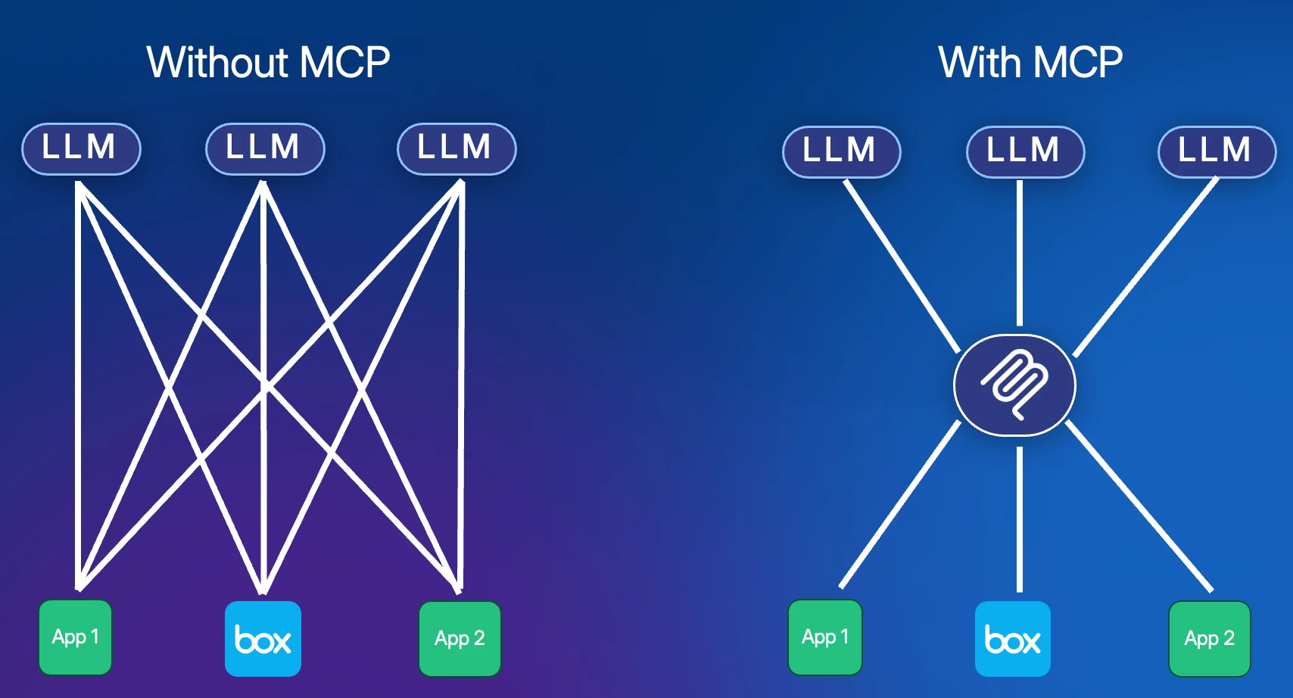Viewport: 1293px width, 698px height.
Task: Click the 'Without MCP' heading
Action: pyautogui.click(x=268, y=62)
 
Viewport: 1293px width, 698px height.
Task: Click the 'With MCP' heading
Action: pyautogui.click(x=1030, y=62)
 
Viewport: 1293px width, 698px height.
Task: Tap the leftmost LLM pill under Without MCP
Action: pyautogui.click(x=81, y=148)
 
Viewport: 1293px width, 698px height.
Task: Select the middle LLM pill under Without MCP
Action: pyautogui.click(x=265, y=148)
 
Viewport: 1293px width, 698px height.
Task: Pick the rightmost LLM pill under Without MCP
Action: pyautogui.click(x=456, y=148)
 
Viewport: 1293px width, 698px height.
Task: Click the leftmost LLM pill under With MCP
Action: pyautogui.click(x=841, y=151)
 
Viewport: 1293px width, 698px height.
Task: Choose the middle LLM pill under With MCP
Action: pyautogui.click(x=1025, y=151)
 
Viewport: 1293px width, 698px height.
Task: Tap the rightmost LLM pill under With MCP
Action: pyautogui.click(x=1217, y=151)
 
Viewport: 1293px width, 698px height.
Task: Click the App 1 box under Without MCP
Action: pyautogui.click(x=75, y=637)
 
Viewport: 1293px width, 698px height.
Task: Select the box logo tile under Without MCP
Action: pyautogui.click(x=263, y=638)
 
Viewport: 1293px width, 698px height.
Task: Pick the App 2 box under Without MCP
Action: pyautogui.click(x=460, y=638)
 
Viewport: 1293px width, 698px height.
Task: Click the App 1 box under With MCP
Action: pyautogui.click(x=824, y=637)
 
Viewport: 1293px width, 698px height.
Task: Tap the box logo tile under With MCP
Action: pyautogui.click(x=1012, y=638)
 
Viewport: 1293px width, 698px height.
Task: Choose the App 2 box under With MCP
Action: pyautogui.click(x=1209, y=638)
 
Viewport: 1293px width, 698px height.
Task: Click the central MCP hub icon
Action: pyautogui.click(x=1014, y=385)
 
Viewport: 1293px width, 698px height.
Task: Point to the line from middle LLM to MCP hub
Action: pyautogui.click(x=1020, y=254)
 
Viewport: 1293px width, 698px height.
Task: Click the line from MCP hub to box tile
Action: pyautogui.click(x=1020, y=519)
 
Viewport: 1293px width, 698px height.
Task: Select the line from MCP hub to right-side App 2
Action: pyautogui.click(x=1139, y=506)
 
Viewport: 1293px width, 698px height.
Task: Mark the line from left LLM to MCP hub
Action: pyautogui.click(x=901, y=265)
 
